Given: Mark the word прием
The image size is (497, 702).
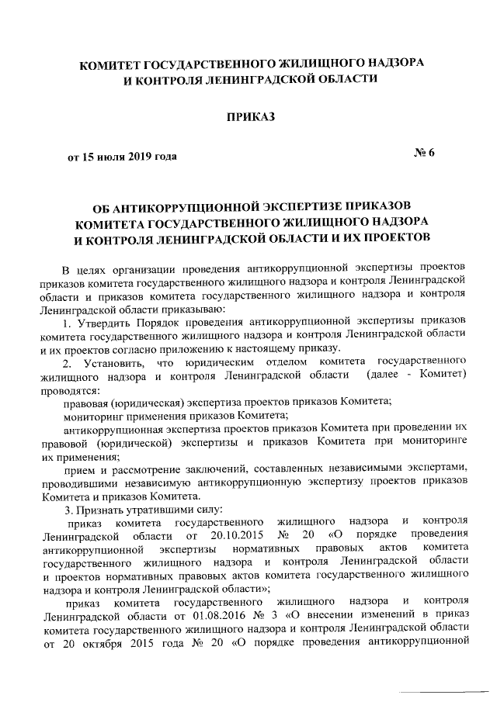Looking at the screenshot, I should click(78, 469).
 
